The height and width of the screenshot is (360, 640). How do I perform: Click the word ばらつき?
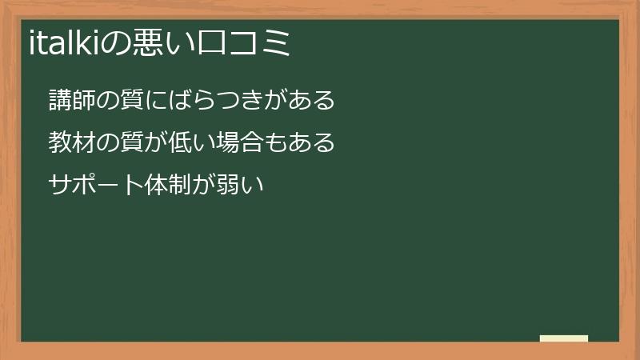click(x=216, y=101)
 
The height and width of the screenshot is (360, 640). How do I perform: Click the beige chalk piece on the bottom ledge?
click(x=564, y=338)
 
